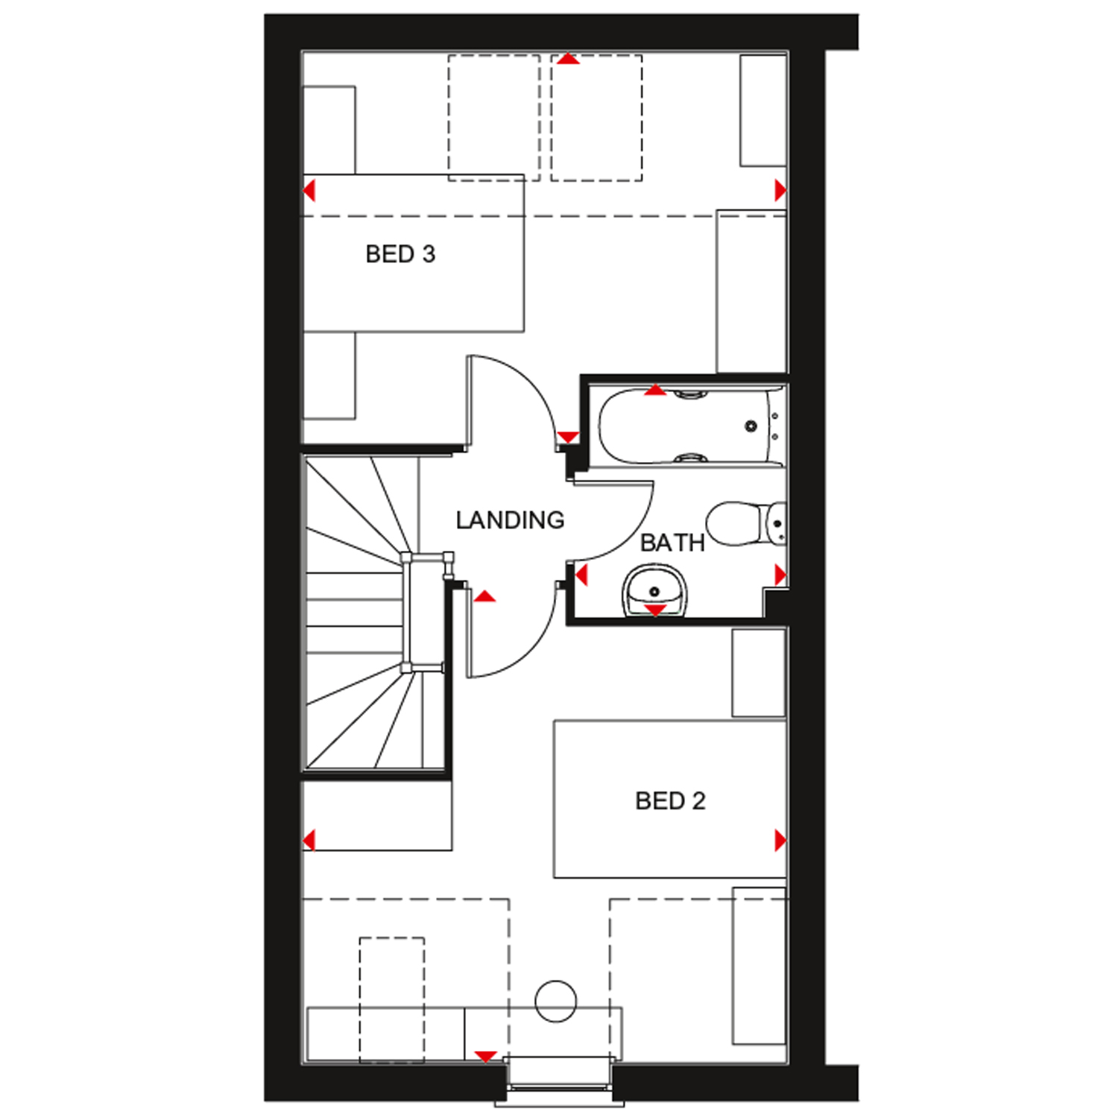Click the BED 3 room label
point(400,254)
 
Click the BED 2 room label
point(670,801)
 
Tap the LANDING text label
point(510,520)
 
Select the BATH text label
point(672,543)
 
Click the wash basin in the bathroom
point(654,590)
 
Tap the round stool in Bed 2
point(556,1000)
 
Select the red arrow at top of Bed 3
point(568,59)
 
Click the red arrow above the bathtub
point(654,390)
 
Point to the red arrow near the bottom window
point(486,1056)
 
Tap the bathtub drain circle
point(751,426)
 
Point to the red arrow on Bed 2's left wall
point(309,840)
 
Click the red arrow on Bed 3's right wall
point(780,191)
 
